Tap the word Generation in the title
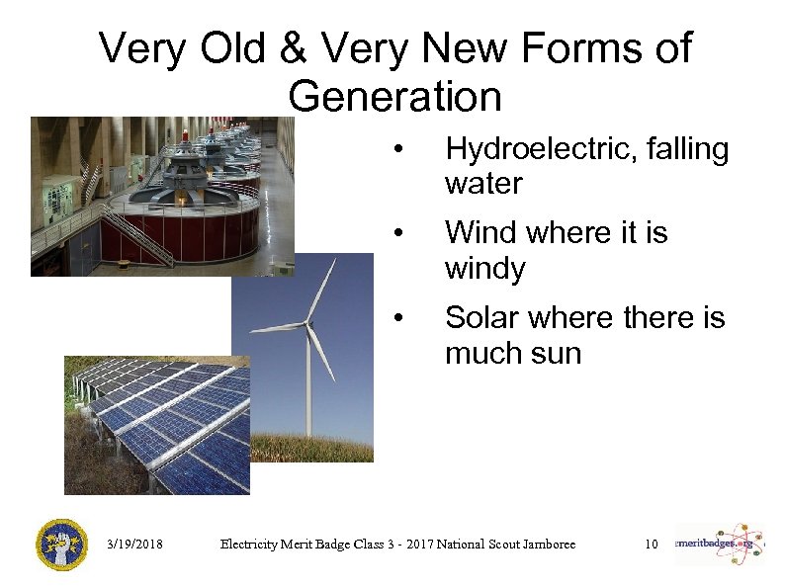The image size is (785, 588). coord(395,97)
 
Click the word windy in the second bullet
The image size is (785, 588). coord(484,269)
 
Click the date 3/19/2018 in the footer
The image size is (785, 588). coord(135,545)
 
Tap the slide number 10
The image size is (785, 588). coord(651,545)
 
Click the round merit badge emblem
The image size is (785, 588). coord(61,544)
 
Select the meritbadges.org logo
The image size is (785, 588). coord(719,544)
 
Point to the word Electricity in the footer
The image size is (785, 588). coord(251,545)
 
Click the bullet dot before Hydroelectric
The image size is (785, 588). coord(397,151)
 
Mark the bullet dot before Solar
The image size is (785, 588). coord(397,319)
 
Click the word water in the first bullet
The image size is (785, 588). coord(483,184)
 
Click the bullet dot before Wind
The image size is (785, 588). coord(397,234)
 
